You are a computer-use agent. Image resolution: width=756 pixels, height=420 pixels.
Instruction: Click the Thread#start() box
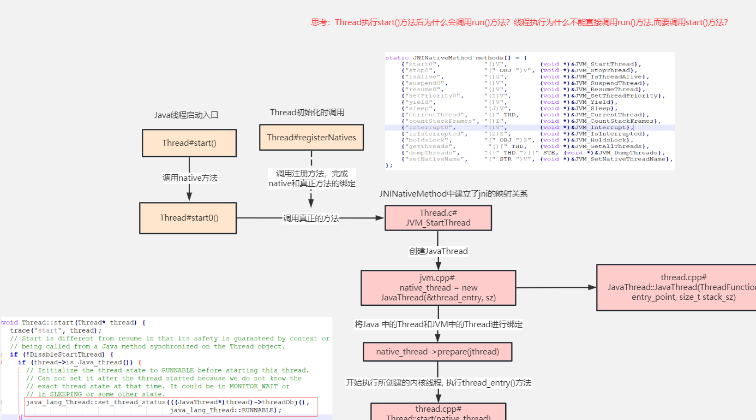[x=189, y=143]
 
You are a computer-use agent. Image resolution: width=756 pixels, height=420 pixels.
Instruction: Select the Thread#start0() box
[x=188, y=218]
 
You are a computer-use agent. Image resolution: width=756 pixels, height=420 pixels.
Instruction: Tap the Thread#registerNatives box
[x=311, y=137]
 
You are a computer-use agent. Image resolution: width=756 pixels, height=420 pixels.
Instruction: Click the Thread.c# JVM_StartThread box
[x=438, y=217]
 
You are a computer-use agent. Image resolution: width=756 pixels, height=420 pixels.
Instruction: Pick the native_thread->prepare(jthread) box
[x=437, y=352]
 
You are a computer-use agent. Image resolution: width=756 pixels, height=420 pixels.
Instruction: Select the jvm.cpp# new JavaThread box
[x=438, y=288]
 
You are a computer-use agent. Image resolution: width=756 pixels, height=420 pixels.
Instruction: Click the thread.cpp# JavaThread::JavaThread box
[x=676, y=287]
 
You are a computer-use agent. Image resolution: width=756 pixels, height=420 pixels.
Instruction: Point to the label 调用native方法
[x=189, y=178]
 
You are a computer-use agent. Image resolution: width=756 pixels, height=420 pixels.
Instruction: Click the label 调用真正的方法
[x=310, y=218]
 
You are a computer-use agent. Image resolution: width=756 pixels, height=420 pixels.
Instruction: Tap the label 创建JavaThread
[x=438, y=251]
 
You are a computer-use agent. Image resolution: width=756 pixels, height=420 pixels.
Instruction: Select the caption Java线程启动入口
[x=186, y=115]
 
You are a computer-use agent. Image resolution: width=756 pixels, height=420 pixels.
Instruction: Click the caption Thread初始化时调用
[x=307, y=113]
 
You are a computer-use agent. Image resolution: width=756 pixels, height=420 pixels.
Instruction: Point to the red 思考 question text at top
[x=519, y=22]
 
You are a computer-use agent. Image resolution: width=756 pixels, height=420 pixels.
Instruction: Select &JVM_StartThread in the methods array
[x=605, y=64]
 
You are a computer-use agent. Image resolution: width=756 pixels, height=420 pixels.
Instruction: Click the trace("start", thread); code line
[x=56, y=330]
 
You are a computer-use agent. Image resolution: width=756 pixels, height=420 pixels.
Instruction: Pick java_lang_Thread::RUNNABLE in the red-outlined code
[x=225, y=410]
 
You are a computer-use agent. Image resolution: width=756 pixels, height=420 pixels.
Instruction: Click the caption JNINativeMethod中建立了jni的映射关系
[x=453, y=194]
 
